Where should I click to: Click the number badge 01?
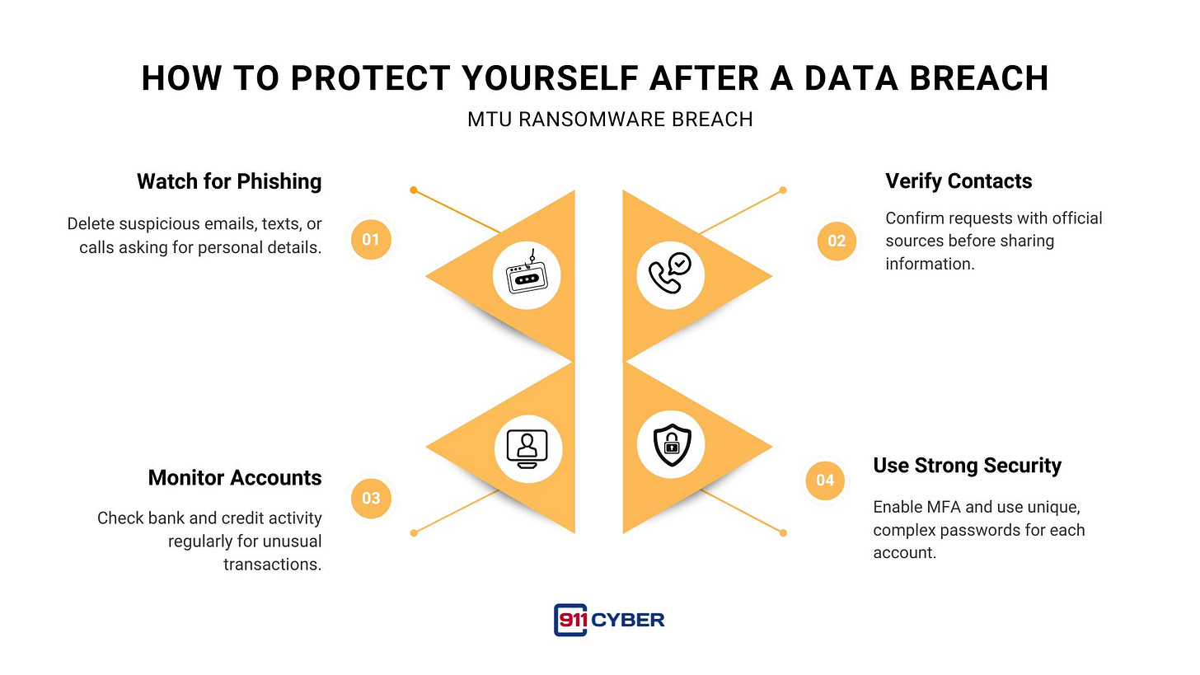point(371,240)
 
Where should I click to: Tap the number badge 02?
point(837,241)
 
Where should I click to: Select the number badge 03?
point(371,498)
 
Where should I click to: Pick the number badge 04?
point(825,480)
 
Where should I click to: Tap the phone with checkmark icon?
point(670,276)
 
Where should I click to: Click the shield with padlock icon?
point(670,445)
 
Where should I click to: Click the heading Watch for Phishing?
point(229,181)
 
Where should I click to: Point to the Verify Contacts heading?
point(959,181)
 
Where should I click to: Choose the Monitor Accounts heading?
point(235,478)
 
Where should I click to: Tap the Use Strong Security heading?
point(967,466)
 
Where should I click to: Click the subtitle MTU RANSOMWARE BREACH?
point(610,120)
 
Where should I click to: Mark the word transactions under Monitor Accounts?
point(272,565)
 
